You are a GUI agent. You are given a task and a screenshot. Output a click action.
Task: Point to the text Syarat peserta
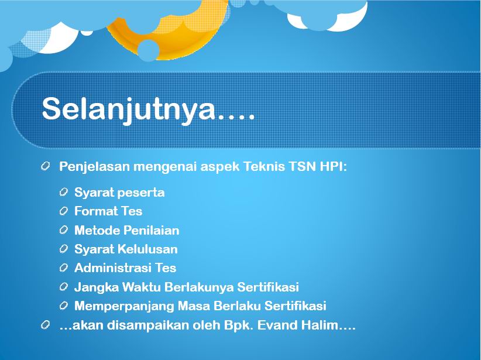click(x=119, y=193)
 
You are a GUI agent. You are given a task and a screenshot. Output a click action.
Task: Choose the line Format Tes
click(x=108, y=211)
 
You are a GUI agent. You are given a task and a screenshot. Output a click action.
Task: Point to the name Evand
click(x=277, y=325)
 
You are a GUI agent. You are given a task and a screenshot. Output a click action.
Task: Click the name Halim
click(x=320, y=325)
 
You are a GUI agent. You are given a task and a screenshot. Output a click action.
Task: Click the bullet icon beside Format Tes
click(x=64, y=211)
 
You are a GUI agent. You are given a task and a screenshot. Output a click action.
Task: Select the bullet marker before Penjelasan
click(x=45, y=166)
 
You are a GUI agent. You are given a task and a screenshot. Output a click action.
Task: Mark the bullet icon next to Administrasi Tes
click(x=64, y=268)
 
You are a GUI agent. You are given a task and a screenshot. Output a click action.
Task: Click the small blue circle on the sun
click(x=148, y=50)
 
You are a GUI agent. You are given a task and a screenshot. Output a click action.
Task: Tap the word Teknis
click(x=264, y=166)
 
